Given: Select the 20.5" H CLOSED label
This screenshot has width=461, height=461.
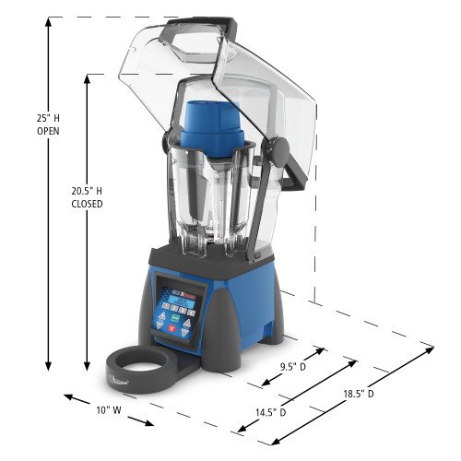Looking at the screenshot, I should click(x=87, y=197).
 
